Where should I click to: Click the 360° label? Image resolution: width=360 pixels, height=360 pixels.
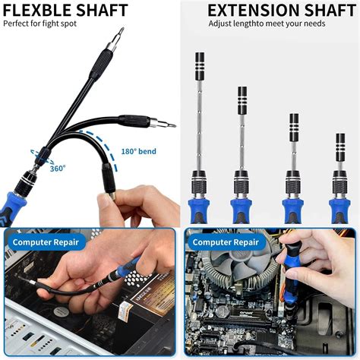pos(58,169)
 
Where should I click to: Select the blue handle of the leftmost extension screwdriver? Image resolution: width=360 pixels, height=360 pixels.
pos(200,208)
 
